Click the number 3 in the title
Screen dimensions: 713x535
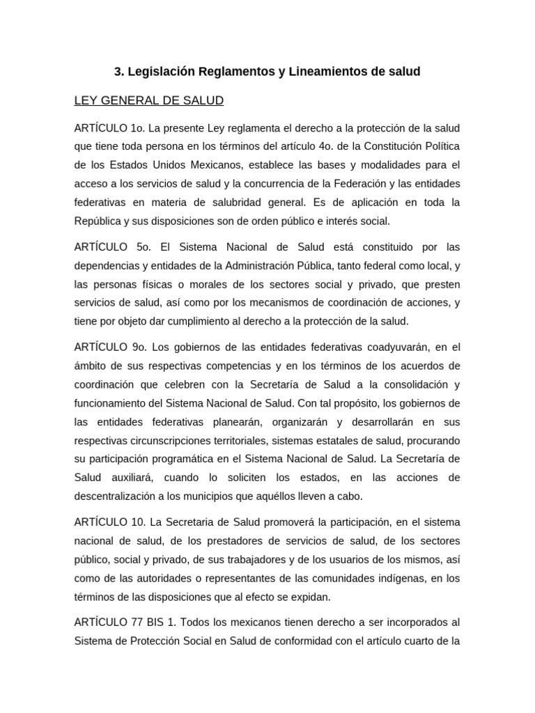(x=118, y=72)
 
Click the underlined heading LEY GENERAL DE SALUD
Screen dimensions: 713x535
(x=149, y=101)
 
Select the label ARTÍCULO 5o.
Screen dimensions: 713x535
(x=112, y=247)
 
